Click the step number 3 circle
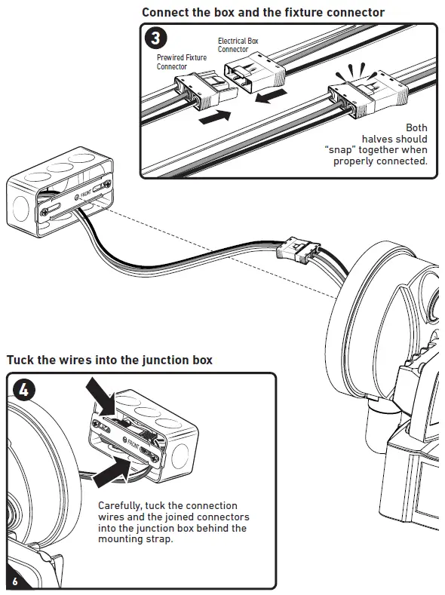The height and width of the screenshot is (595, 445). pyautogui.click(x=156, y=38)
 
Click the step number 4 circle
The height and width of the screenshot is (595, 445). pyautogui.click(x=24, y=389)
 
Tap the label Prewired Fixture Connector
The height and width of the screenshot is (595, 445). pyautogui.click(x=182, y=62)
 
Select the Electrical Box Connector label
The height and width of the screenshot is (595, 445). pyautogui.click(x=238, y=44)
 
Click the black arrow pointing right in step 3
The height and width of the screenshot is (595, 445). pyautogui.click(x=215, y=116)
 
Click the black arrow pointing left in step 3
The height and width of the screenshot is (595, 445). pyautogui.click(x=271, y=95)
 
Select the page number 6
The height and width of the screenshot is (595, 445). pyautogui.click(x=15, y=581)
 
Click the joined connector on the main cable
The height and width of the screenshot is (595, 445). pyautogui.click(x=299, y=250)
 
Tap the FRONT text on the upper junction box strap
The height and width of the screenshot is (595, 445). pyautogui.click(x=86, y=195)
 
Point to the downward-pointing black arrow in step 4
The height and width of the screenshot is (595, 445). pyautogui.click(x=100, y=397)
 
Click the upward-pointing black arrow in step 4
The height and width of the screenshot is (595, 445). pyautogui.click(x=112, y=471)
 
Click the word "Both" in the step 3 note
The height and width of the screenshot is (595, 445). pyautogui.click(x=416, y=127)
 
